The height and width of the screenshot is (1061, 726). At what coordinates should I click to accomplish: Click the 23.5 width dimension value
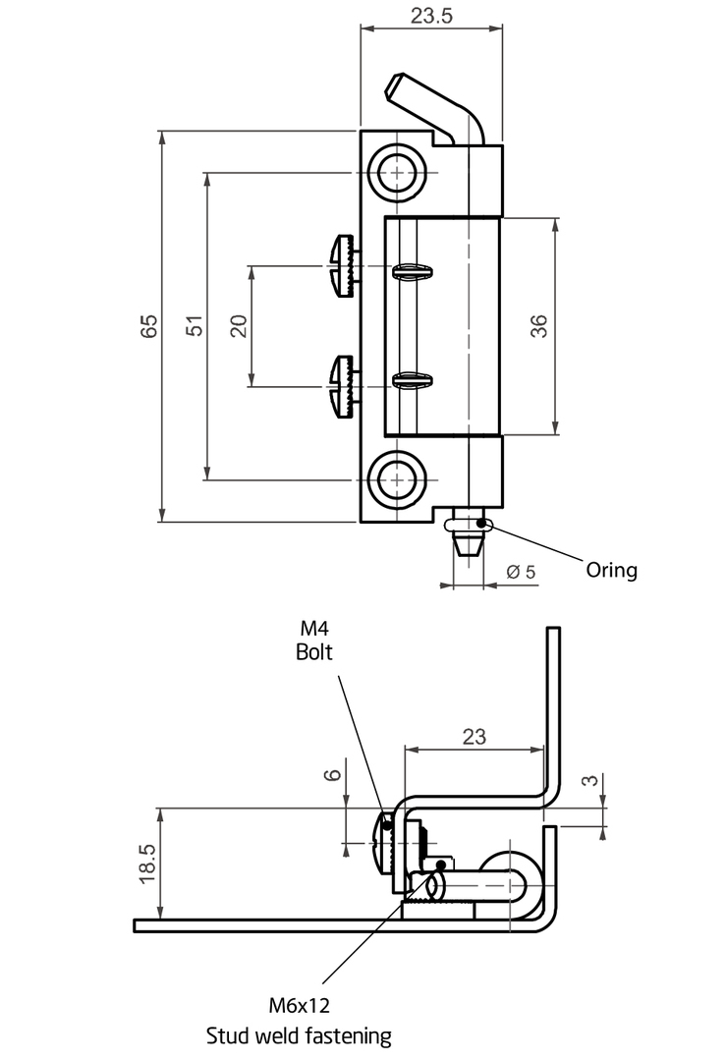(431, 15)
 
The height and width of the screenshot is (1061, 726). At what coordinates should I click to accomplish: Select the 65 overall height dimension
(149, 325)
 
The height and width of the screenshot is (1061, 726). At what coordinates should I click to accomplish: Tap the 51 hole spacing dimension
(195, 325)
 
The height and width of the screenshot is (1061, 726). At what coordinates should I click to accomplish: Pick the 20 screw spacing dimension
(239, 326)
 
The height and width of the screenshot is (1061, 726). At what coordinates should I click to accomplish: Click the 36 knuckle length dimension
(538, 326)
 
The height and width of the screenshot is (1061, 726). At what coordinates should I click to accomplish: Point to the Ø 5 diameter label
(521, 573)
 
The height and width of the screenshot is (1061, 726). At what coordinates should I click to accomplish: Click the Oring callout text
(612, 571)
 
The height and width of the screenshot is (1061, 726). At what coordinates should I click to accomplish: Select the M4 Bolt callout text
(314, 641)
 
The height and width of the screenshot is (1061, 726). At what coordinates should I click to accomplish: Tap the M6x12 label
(299, 1006)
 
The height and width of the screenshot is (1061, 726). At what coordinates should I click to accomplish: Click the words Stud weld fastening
(299, 1036)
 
